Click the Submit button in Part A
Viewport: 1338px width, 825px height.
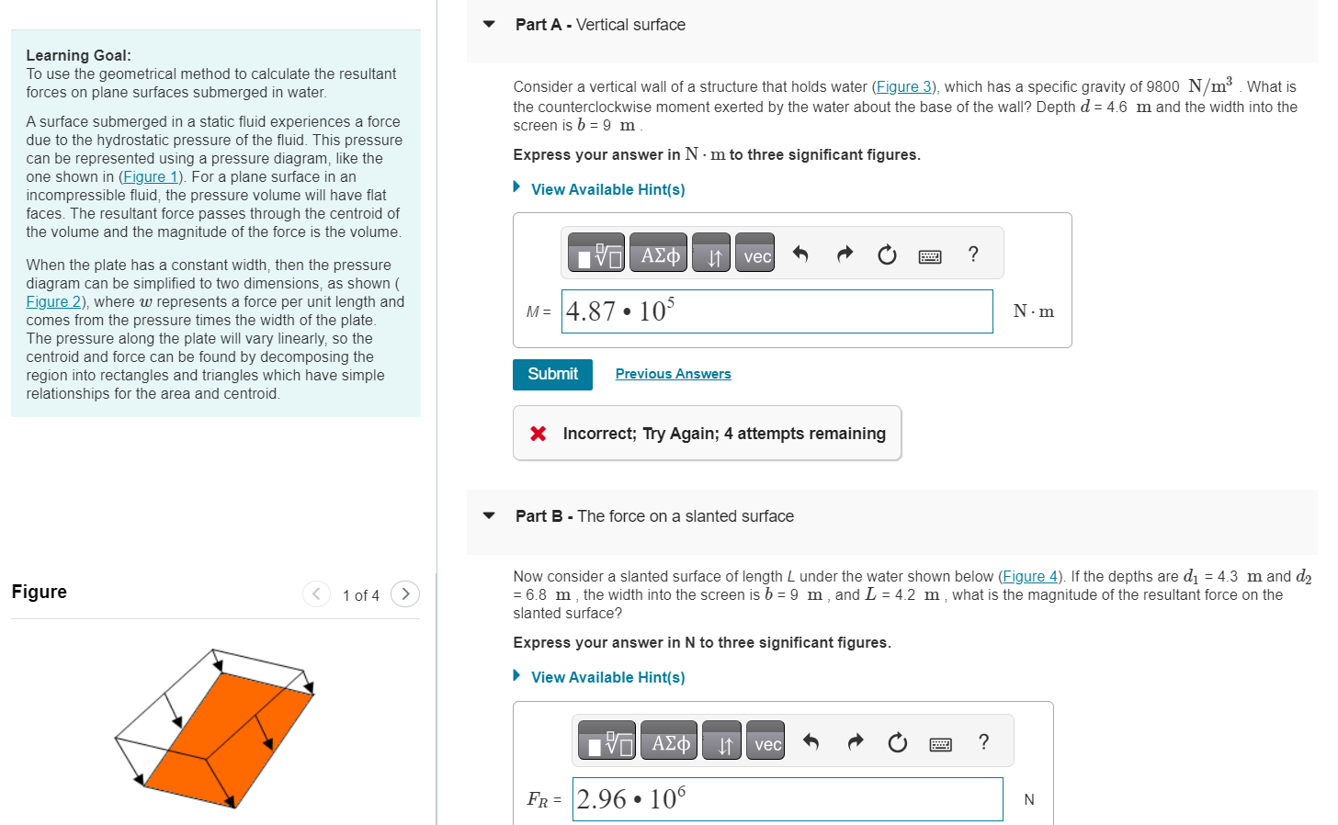pos(552,374)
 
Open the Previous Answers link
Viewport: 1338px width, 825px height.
pos(673,374)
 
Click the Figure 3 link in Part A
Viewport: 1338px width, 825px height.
pos(902,86)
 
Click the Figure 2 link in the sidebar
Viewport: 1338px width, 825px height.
pos(53,301)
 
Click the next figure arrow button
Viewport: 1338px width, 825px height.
pos(405,594)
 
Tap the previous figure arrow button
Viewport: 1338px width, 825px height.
pos(316,594)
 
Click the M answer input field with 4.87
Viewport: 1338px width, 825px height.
pos(777,311)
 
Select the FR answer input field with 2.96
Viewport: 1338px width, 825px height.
pos(787,799)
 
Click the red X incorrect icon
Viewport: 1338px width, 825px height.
pos(539,434)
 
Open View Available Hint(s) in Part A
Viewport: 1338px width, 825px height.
pos(607,189)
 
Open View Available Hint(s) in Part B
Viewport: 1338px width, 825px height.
pos(607,677)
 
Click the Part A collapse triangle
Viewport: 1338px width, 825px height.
pos(489,25)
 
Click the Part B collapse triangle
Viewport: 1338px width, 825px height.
pos(489,516)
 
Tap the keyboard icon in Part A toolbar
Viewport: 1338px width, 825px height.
pos(930,256)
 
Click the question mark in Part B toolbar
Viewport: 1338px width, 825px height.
pos(983,742)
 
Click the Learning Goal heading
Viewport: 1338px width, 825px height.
pos(78,55)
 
